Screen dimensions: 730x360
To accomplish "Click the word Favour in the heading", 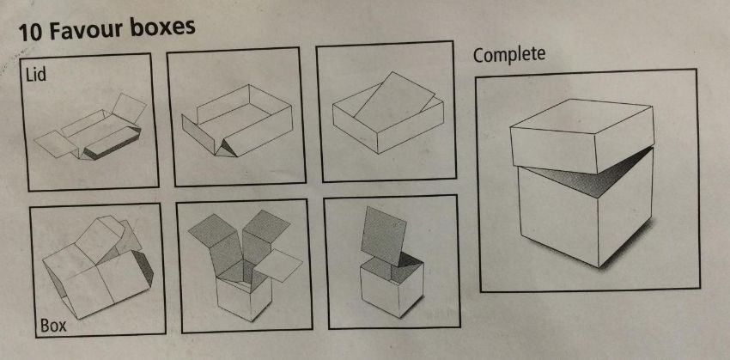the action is click(85, 31).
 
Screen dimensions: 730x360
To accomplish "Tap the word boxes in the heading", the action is click(162, 27).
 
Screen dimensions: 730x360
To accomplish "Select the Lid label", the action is click(36, 75).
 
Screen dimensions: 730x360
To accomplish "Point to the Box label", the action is click(53, 325).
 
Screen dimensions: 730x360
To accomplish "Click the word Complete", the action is click(509, 55).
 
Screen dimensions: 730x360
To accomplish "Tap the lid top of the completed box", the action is click(581, 115).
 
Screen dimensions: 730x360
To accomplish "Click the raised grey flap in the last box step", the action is click(383, 236).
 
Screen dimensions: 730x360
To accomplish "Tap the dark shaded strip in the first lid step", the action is click(113, 143).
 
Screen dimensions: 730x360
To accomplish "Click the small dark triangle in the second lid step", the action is click(227, 147).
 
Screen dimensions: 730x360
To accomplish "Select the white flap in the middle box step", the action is click(278, 265).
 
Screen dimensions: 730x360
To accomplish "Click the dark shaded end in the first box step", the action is click(145, 268).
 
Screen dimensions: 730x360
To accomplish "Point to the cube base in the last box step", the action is click(392, 290).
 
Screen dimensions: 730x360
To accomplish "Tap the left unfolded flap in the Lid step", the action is click(55, 143).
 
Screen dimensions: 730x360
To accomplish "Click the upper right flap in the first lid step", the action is click(129, 108).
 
